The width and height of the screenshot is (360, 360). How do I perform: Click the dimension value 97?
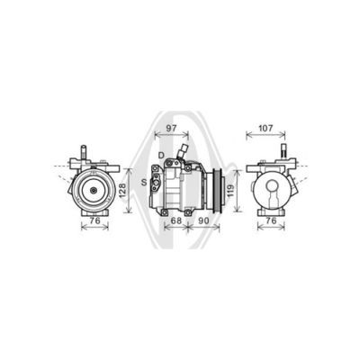(x=171, y=128)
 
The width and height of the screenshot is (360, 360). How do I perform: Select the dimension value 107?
(x=265, y=128)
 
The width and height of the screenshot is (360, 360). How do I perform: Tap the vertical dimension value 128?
(x=122, y=191)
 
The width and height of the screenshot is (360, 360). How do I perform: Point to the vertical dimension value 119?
(x=230, y=191)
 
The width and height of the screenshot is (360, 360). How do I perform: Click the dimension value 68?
(x=175, y=220)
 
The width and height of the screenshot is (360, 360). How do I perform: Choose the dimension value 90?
(x=203, y=220)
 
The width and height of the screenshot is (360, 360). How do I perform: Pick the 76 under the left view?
(x=94, y=220)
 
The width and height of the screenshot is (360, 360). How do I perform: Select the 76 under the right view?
(x=271, y=220)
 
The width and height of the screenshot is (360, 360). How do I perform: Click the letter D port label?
(x=161, y=155)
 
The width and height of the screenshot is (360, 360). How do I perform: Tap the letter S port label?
(x=144, y=182)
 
